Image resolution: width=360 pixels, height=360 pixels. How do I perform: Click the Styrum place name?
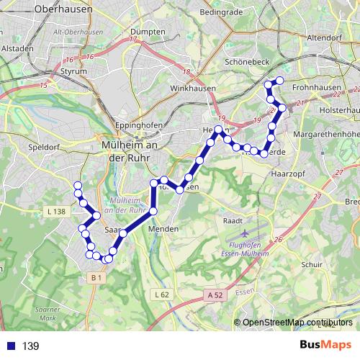pyautogui.click(x=74, y=72)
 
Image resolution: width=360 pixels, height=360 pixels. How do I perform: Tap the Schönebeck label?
pyautogui.click(x=246, y=63)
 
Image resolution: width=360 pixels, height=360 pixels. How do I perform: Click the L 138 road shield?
pyautogui.click(x=55, y=211)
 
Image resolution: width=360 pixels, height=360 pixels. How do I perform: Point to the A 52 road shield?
pyautogui.click(x=213, y=294)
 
